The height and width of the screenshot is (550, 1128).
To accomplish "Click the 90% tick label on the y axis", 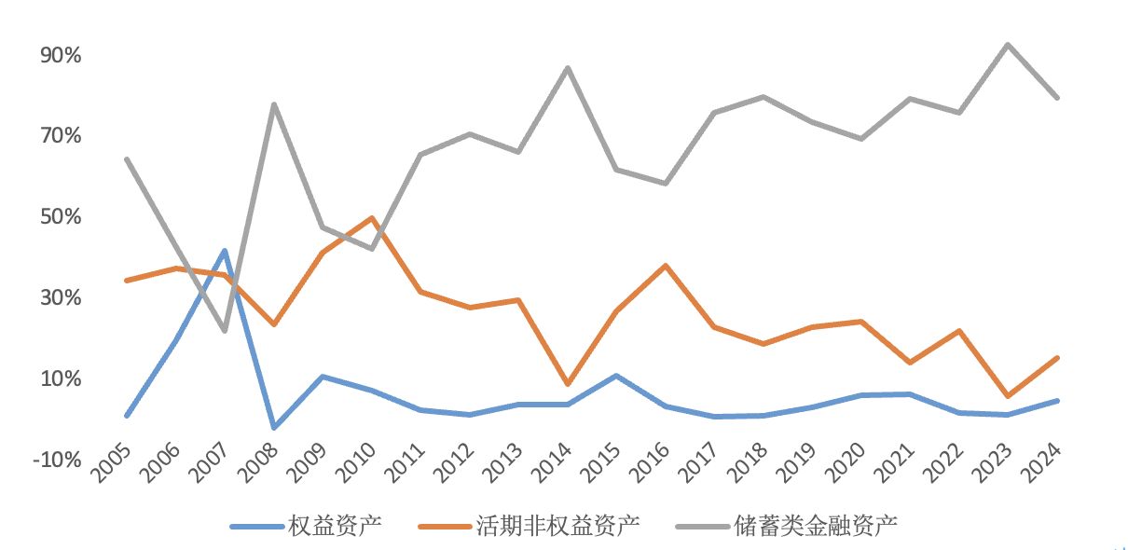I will click(x=61, y=56).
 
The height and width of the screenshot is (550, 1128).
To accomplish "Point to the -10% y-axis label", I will click(x=58, y=460).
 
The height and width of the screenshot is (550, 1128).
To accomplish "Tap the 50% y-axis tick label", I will click(x=61, y=217).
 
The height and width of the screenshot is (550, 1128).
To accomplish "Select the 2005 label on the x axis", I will click(x=113, y=461).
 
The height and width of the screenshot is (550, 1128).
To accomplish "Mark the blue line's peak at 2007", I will click(x=225, y=251).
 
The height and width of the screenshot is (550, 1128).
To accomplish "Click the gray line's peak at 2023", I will click(x=1008, y=44).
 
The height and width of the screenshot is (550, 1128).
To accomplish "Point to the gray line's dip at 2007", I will click(x=225, y=331).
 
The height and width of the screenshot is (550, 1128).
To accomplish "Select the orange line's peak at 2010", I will click(x=372, y=218).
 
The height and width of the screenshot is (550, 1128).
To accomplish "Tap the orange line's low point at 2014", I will click(x=568, y=384).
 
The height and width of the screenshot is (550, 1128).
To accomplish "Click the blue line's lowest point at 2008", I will click(x=273, y=428).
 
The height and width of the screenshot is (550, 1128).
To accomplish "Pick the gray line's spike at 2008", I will click(x=273, y=103).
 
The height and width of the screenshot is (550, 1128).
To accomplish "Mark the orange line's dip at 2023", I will click(x=1008, y=396).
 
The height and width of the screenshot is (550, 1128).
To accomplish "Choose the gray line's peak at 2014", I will click(x=568, y=68).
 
